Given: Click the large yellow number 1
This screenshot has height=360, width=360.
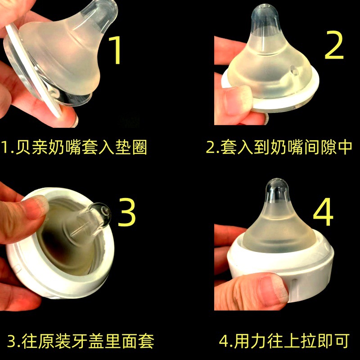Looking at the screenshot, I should click(x=116, y=50).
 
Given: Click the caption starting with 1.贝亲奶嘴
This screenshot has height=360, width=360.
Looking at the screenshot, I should click(x=74, y=147).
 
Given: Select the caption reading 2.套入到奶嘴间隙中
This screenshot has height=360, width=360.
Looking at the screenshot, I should click(x=279, y=147).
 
